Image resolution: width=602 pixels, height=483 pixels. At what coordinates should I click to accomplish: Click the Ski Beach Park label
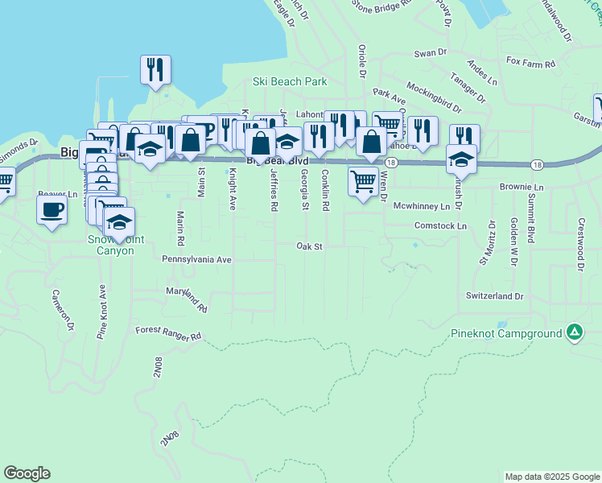click(290, 81)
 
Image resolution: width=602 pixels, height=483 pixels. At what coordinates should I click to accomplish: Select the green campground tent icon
click(574, 332)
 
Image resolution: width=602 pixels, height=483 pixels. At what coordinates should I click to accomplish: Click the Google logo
click(27, 473)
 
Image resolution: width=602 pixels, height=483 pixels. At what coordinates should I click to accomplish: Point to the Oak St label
click(309, 246)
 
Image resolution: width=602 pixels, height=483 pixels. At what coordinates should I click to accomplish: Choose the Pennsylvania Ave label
click(196, 260)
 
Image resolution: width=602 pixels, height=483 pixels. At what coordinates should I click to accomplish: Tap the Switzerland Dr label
click(494, 296)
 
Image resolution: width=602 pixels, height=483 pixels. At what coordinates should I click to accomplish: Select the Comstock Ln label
click(440, 227)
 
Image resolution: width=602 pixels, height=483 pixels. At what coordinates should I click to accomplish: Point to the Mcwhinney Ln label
click(421, 207)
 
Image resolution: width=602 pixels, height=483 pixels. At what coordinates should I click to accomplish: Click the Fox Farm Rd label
click(531, 62)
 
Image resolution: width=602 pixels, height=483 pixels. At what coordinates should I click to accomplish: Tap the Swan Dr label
click(430, 53)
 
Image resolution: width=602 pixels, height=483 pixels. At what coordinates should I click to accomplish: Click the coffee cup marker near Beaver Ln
click(52, 211)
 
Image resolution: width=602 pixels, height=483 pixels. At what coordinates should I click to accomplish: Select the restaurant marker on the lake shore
click(155, 69)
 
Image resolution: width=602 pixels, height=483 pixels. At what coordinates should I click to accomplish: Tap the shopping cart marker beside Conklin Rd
click(363, 182)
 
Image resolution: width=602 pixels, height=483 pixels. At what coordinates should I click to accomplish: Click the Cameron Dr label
click(64, 310)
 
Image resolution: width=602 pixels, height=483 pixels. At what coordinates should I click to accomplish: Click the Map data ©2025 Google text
click(551, 477)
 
